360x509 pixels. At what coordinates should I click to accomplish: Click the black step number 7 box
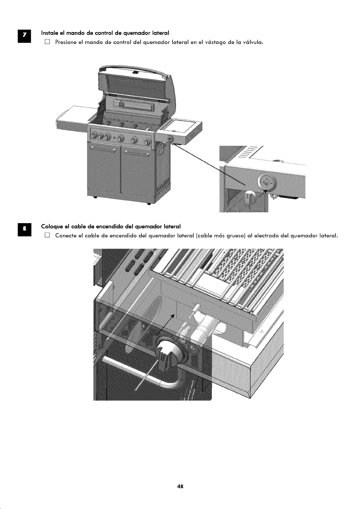tap(24, 37)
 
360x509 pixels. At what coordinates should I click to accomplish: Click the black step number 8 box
tap(24, 230)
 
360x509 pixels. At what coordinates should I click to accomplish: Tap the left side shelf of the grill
tap(72, 117)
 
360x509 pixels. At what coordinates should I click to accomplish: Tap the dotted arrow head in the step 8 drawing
tap(173, 316)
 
